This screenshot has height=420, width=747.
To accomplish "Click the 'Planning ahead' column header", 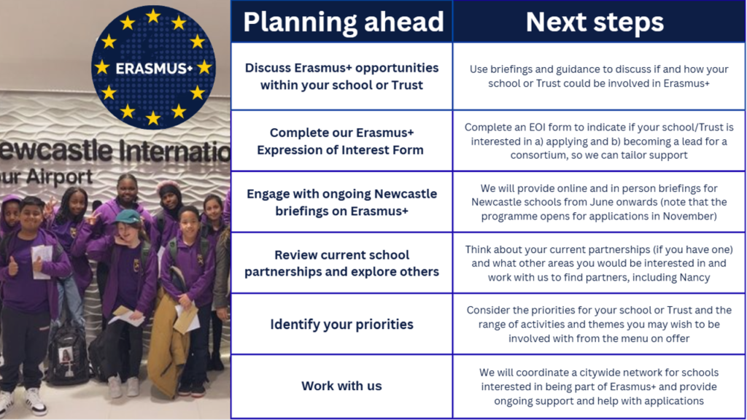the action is [x=343, y=22].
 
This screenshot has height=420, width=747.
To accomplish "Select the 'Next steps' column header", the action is [x=595, y=22].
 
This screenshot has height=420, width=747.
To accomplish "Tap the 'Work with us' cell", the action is [x=341, y=386].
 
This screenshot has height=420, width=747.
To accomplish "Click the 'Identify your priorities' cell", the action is [x=341, y=324].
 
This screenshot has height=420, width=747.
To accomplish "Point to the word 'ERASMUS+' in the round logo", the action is [x=154, y=69].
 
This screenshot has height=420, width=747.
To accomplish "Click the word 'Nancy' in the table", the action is [x=696, y=277].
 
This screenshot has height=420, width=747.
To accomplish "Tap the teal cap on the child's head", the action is [x=128, y=217].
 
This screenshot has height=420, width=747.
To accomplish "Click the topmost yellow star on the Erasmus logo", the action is [x=153, y=16].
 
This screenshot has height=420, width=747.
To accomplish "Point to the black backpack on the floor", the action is [x=67, y=356].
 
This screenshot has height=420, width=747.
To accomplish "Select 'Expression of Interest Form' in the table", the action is [x=340, y=150].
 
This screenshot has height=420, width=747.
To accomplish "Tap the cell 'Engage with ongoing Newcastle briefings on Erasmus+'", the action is [x=341, y=202].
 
